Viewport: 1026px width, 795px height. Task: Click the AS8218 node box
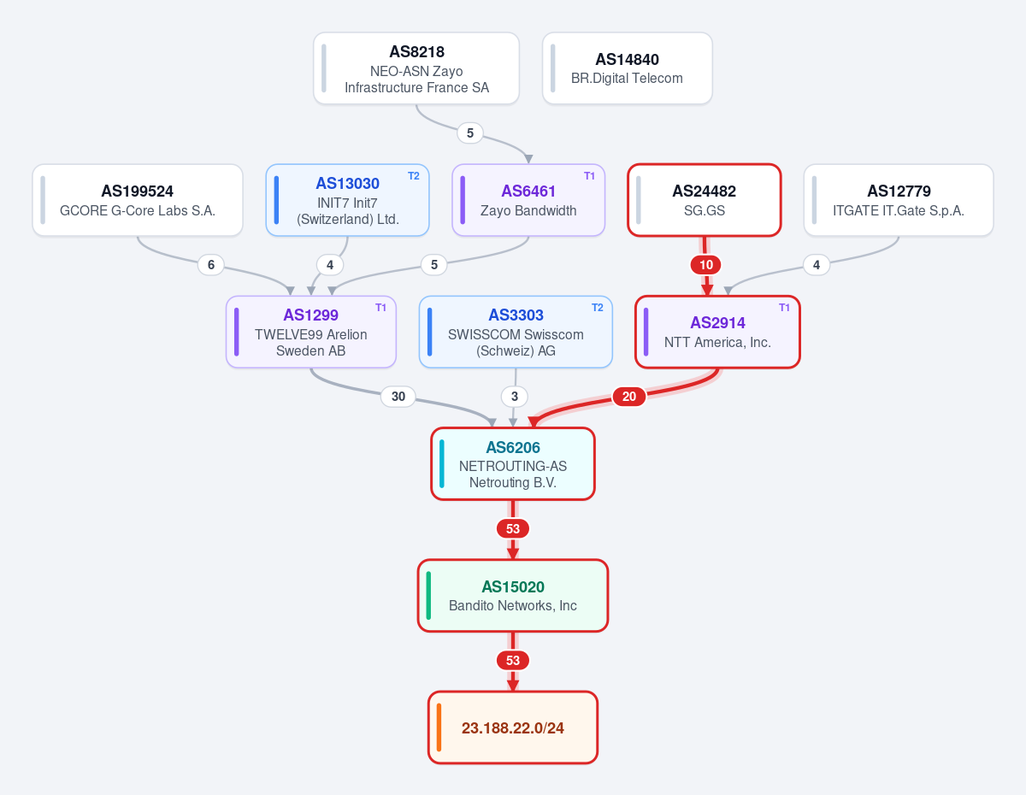coord(416,68)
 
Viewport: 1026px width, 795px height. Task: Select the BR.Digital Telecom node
coord(627,68)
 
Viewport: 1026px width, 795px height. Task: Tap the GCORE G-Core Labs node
coord(138,200)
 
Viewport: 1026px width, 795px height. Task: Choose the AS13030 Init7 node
coord(347,200)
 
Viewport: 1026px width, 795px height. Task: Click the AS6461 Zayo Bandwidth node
coord(528,200)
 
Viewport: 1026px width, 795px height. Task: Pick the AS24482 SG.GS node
coord(704,200)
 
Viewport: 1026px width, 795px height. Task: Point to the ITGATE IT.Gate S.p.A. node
coord(899,200)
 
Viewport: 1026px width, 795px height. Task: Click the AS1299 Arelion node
coord(310,332)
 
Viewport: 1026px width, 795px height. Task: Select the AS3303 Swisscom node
coord(516,332)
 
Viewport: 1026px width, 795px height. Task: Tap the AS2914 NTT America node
coord(717,332)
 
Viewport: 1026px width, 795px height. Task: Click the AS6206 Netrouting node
coord(513,463)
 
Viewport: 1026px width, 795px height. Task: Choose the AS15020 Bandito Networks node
coord(513,595)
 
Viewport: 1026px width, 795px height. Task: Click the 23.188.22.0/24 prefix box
coord(513,727)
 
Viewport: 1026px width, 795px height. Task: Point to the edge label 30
coord(398,397)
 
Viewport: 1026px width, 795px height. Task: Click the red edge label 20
coord(629,397)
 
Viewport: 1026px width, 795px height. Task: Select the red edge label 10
coord(706,265)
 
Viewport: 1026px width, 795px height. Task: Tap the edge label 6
coord(211,265)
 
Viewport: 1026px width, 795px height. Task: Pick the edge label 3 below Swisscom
coord(515,397)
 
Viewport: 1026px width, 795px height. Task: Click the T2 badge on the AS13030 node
coord(414,176)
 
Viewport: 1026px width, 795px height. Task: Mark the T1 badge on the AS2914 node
coord(784,308)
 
